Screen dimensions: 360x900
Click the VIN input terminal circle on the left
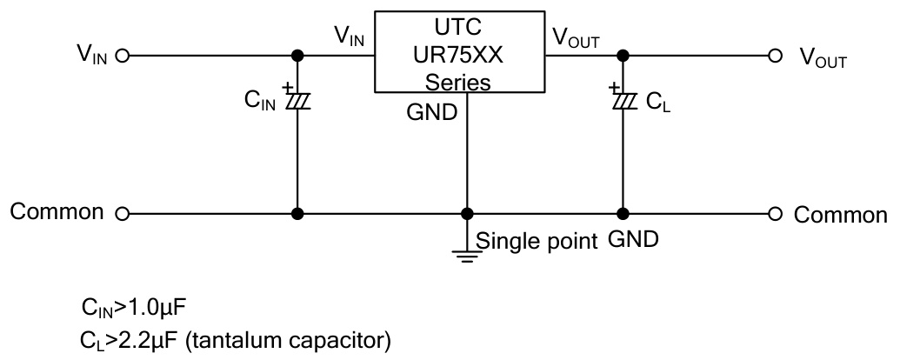[122, 56]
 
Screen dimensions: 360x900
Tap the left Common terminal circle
[122, 213]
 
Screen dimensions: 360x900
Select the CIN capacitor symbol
[297, 101]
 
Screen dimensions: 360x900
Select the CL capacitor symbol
[623, 101]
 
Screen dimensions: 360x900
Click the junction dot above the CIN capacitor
[297, 56]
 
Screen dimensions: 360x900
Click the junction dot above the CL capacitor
[623, 56]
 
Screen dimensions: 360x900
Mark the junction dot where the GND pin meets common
[468, 213]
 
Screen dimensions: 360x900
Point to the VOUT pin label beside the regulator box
[575, 38]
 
